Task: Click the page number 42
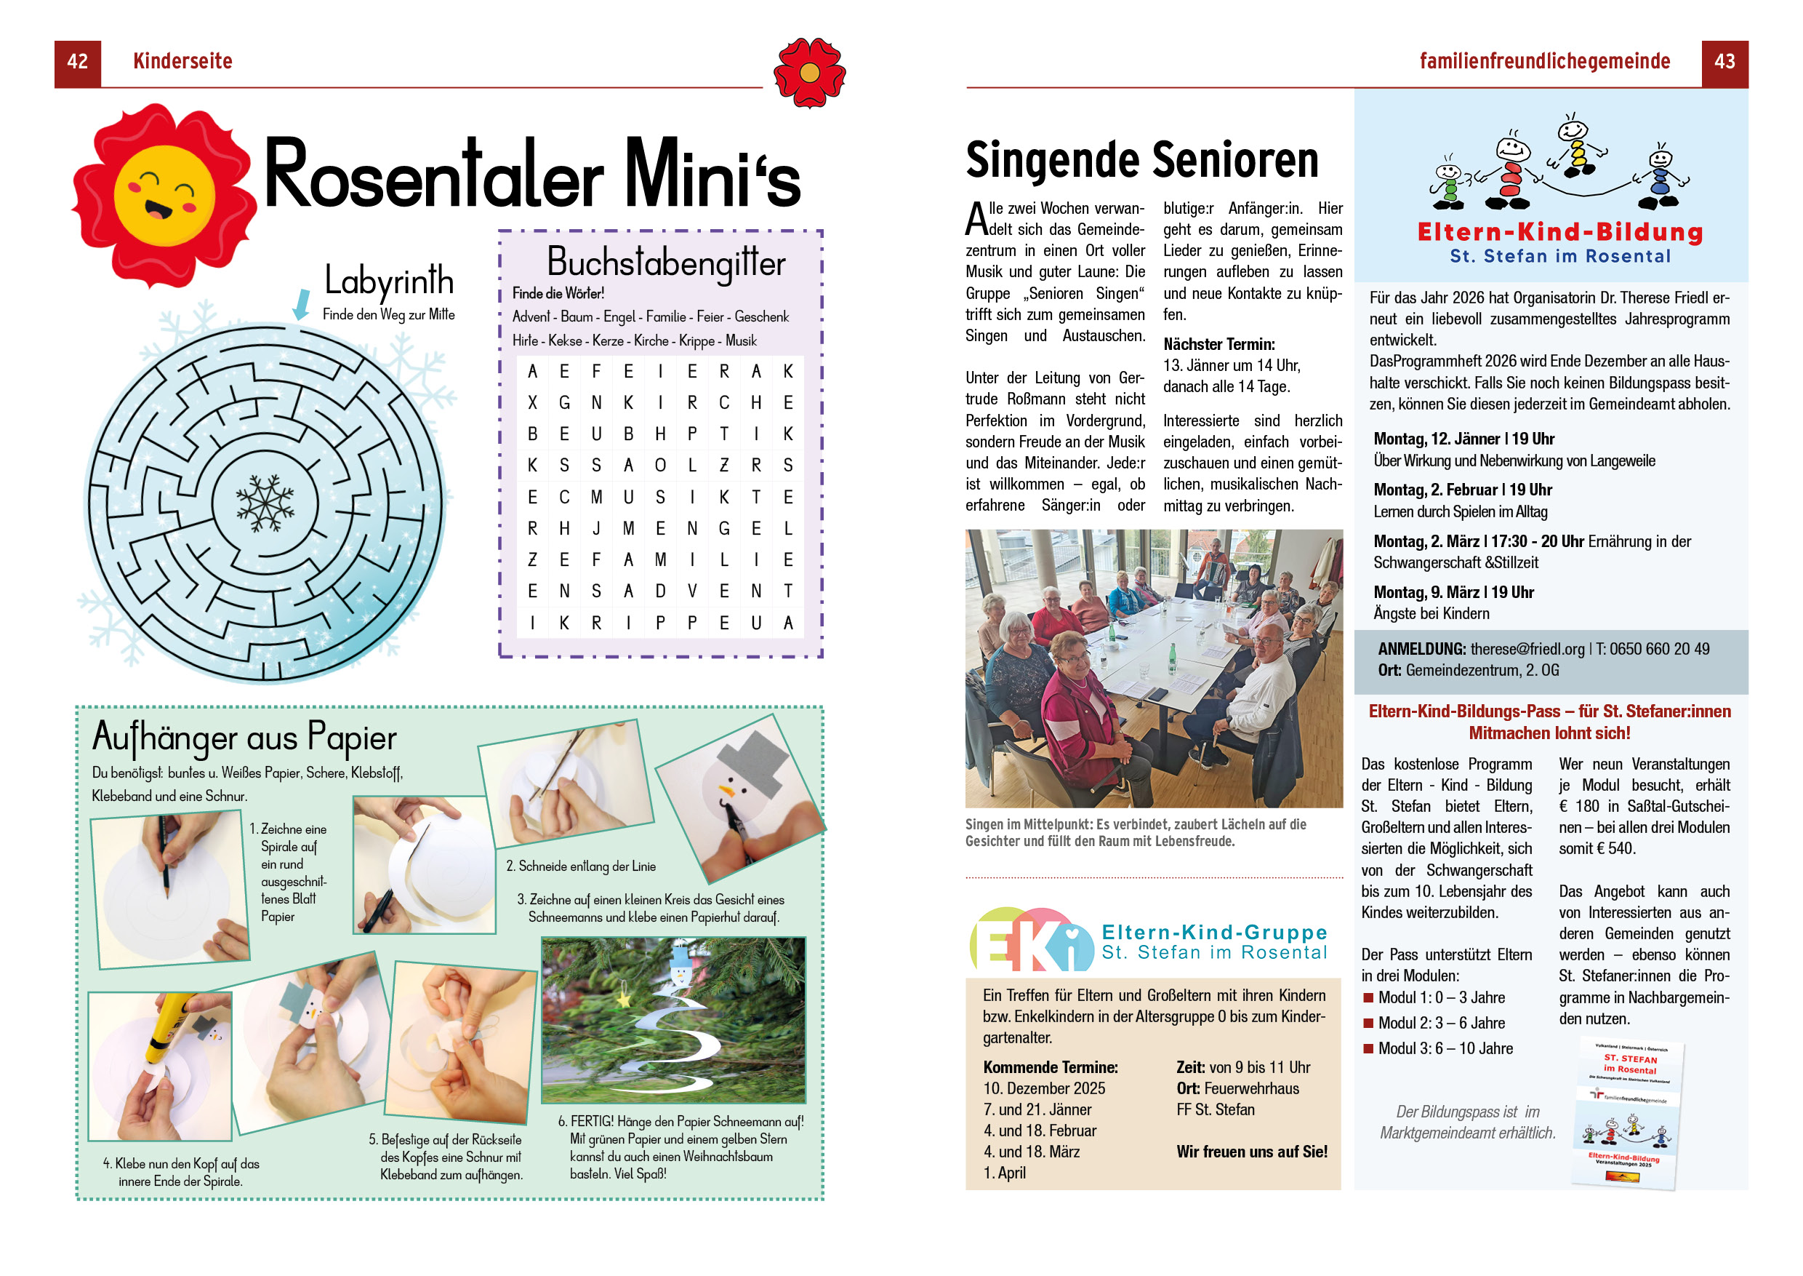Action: coord(77,61)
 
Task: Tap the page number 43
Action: coord(1724,61)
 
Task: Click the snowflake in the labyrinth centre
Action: coord(265,502)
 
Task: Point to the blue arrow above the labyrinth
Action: coord(301,304)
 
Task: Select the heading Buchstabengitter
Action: coord(665,262)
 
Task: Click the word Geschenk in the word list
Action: coord(761,316)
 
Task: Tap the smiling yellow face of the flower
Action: coord(164,195)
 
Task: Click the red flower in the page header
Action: coord(809,72)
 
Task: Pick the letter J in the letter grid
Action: coord(596,529)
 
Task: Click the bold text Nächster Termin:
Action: coord(1218,344)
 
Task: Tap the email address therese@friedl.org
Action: coord(1527,649)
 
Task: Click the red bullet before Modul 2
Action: coord(1368,1022)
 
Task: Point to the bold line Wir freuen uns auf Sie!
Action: coord(1252,1152)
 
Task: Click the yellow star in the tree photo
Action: coord(625,1000)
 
